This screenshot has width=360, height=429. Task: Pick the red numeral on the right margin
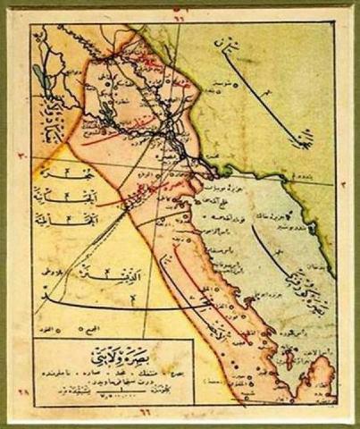[341, 182]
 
